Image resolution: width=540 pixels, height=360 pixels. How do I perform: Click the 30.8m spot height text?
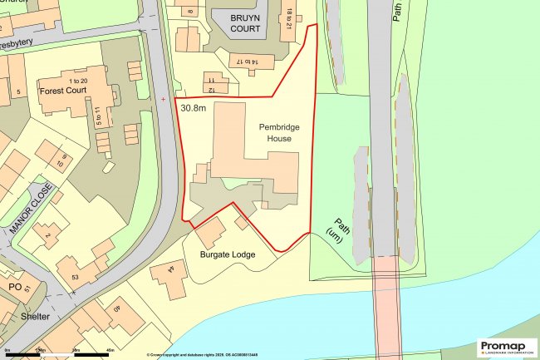tap(194, 107)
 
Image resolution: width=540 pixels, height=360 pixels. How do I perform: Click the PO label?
tap(14, 287)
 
